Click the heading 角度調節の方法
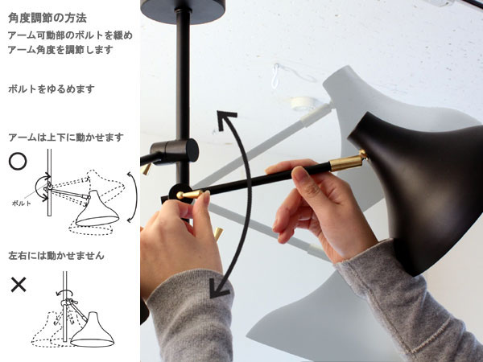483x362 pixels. (47, 18)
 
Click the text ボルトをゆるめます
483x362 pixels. (52, 89)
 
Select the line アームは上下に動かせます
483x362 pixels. (66, 138)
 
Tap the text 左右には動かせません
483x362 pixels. (56, 256)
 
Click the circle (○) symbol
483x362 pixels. (18, 161)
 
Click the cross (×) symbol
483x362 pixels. (19, 285)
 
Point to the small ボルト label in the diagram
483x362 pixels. (21, 204)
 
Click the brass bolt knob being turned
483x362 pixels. (189, 195)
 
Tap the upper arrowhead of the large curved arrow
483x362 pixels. (226, 119)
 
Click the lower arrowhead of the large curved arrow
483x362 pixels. (219, 290)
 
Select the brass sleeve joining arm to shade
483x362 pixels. (346, 162)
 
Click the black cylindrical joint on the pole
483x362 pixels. (175, 150)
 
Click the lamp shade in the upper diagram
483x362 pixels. (97, 210)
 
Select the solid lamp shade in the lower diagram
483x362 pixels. (93, 331)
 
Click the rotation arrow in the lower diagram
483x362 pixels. (64, 293)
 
